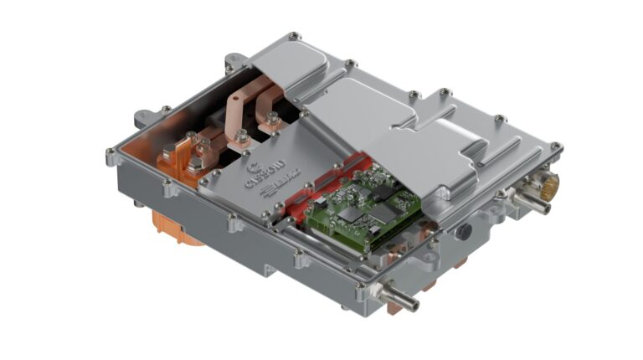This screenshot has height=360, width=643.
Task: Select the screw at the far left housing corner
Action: (111, 152)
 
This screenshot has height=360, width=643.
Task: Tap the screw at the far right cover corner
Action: (555, 150)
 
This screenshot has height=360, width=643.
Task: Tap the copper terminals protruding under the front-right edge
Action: (435, 281)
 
